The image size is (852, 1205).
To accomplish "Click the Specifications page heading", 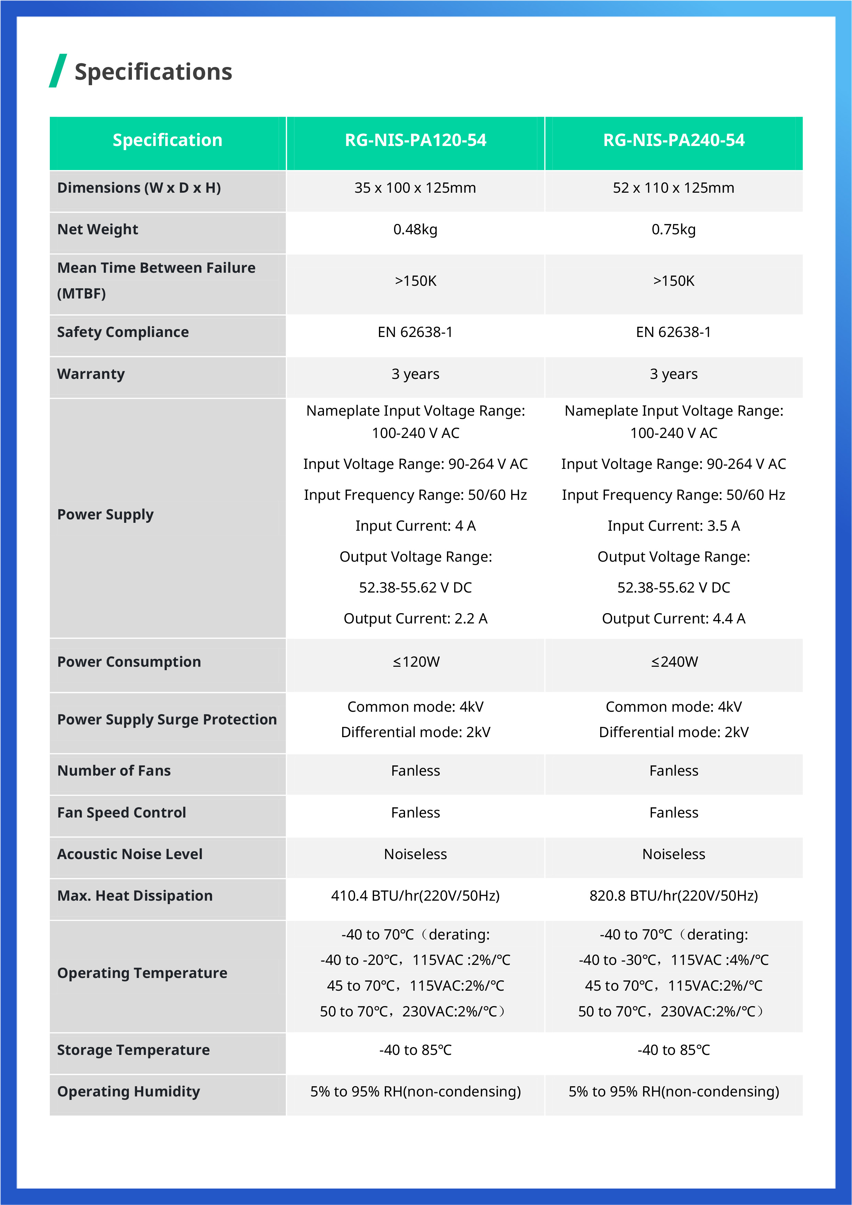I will [x=153, y=72].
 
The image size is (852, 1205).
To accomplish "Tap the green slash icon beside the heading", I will [x=58, y=70].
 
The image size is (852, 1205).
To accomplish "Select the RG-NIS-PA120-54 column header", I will [x=415, y=140].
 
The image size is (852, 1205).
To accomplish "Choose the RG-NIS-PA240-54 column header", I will [x=673, y=140].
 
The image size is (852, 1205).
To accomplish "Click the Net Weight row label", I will [x=98, y=229].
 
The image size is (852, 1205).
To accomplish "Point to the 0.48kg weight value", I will [x=415, y=229].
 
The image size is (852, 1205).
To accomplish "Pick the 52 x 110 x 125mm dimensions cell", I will [x=673, y=188].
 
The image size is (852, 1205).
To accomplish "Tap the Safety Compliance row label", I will [x=123, y=332].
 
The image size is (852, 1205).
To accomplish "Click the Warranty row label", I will [x=91, y=374].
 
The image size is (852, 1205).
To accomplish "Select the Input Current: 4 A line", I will [x=415, y=526].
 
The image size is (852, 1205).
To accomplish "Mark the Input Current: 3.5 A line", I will [x=673, y=526].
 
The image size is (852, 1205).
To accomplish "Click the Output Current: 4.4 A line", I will [x=673, y=619].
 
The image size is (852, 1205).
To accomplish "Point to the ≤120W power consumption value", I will [x=416, y=662].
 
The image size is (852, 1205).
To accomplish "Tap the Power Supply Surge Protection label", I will [x=167, y=720].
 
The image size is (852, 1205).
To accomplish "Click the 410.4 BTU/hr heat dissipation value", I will [x=415, y=896].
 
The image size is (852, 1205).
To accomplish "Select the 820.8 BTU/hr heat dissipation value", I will [x=673, y=896].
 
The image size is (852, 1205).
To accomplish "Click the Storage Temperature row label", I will [x=133, y=1050].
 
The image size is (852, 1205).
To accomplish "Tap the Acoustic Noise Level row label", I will [x=130, y=854].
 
